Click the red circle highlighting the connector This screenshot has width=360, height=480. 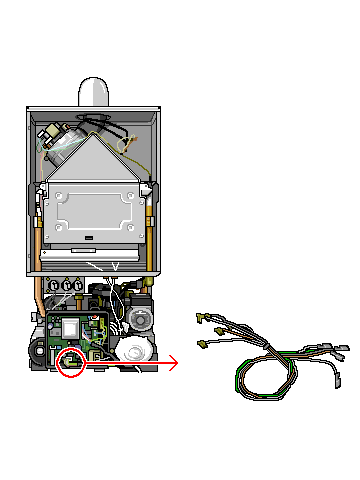(71, 362)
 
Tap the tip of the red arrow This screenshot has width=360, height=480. (178, 363)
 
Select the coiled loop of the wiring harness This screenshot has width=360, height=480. (262, 378)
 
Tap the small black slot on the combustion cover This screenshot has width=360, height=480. (90, 238)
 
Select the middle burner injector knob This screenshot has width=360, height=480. (67, 285)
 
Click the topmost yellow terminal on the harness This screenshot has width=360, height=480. (201, 317)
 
